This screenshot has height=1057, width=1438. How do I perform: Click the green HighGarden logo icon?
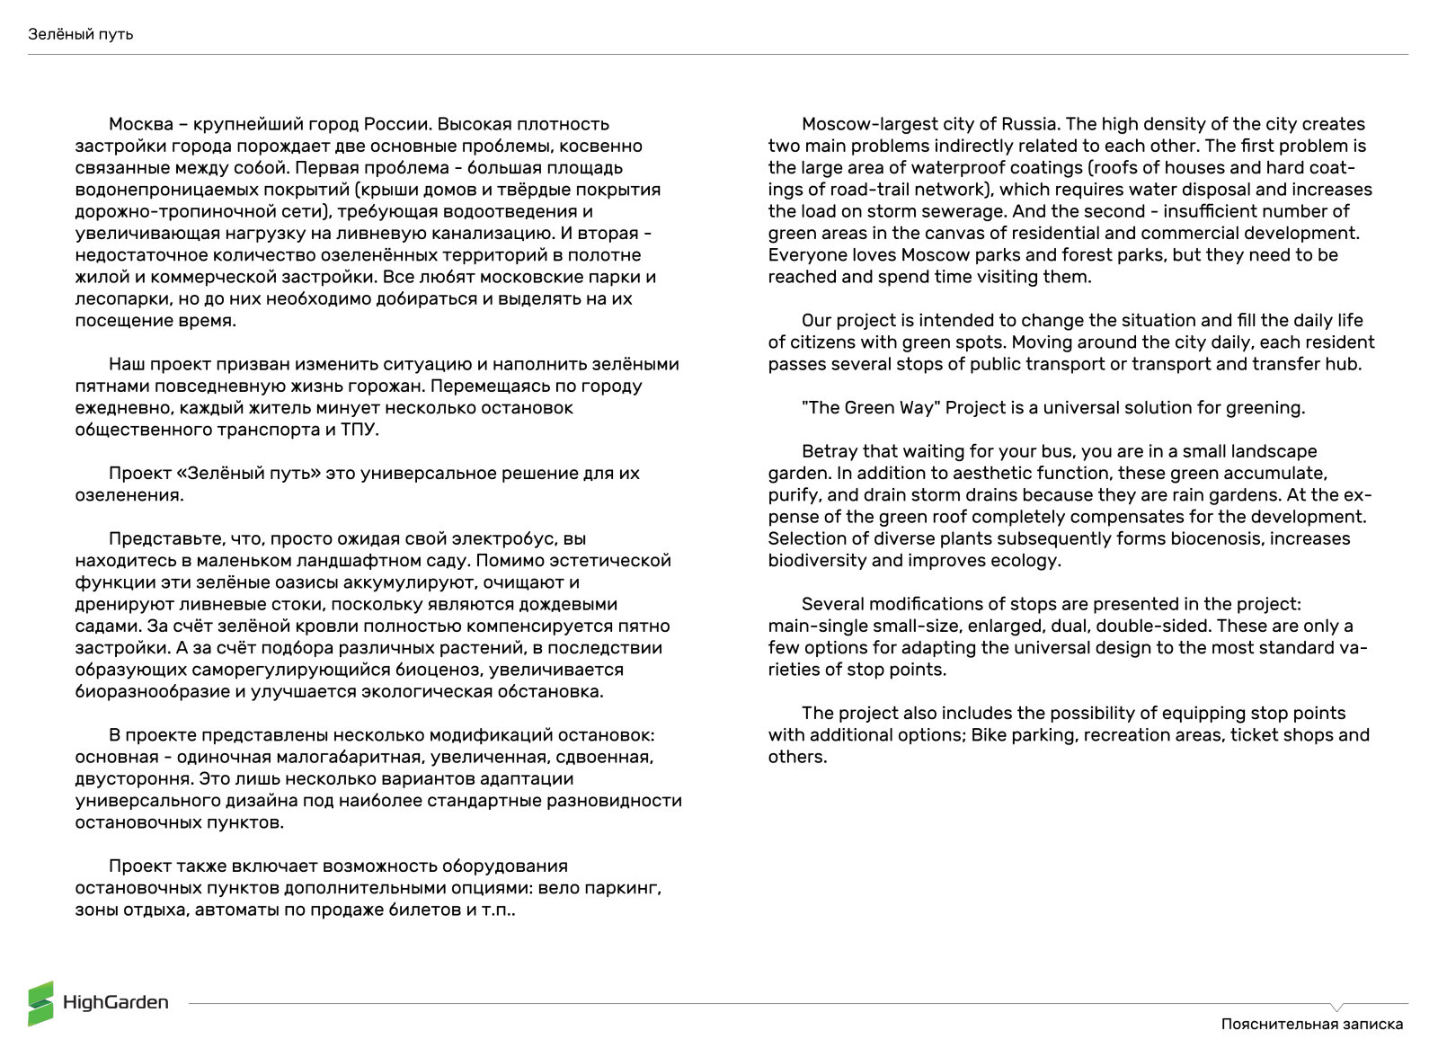tap(40, 1002)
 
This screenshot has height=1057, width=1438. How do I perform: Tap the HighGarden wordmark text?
tap(116, 1002)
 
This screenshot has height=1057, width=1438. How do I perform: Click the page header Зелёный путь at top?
tap(80, 34)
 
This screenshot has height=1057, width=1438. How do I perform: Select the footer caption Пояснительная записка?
tap(1311, 1024)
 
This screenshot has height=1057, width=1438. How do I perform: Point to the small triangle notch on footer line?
tap(1336, 1008)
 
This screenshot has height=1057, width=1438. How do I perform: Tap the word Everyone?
tap(806, 255)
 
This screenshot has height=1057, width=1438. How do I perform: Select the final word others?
tap(796, 757)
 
